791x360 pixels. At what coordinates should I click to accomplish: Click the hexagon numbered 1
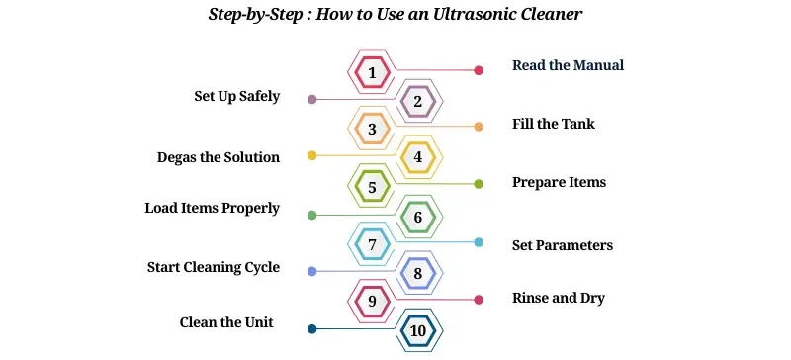pyautogui.click(x=372, y=71)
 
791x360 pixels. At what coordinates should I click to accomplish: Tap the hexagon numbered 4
pyautogui.click(x=418, y=157)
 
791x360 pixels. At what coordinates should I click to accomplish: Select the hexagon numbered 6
pyautogui.click(x=418, y=216)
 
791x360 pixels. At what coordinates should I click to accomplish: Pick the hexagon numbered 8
pyautogui.click(x=418, y=273)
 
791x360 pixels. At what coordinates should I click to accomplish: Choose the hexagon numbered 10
pyautogui.click(x=418, y=330)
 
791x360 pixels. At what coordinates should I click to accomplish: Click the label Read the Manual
pyautogui.click(x=568, y=65)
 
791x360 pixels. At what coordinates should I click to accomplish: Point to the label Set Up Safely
pyautogui.click(x=236, y=97)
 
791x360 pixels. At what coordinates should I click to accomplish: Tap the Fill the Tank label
pyautogui.click(x=553, y=124)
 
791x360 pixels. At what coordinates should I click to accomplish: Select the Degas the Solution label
pyautogui.click(x=218, y=157)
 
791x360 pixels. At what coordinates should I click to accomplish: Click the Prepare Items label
pyautogui.click(x=559, y=182)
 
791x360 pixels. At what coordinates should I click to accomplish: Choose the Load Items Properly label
pyautogui.click(x=212, y=208)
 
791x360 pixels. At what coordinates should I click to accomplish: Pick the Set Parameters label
pyautogui.click(x=562, y=244)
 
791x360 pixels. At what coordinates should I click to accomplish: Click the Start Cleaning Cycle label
pyautogui.click(x=213, y=267)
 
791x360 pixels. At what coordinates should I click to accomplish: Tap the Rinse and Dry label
pyautogui.click(x=558, y=298)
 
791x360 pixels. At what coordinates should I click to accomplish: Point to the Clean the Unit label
pyautogui.click(x=226, y=322)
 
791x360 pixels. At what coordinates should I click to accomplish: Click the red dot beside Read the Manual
pyautogui.click(x=479, y=70)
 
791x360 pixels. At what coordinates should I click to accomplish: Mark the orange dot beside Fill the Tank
pyautogui.click(x=479, y=127)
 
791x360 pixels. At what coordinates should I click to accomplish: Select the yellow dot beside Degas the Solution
pyautogui.click(x=312, y=155)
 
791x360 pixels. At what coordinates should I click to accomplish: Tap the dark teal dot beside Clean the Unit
pyautogui.click(x=312, y=329)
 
